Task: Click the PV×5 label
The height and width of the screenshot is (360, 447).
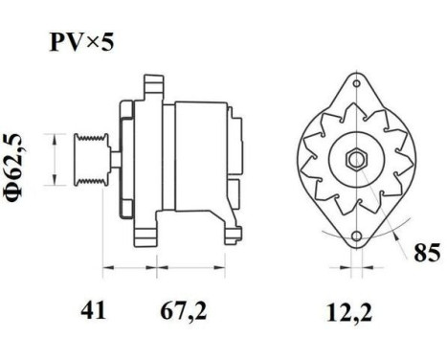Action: pos(82,43)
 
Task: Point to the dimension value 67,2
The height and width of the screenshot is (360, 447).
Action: pos(182,310)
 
